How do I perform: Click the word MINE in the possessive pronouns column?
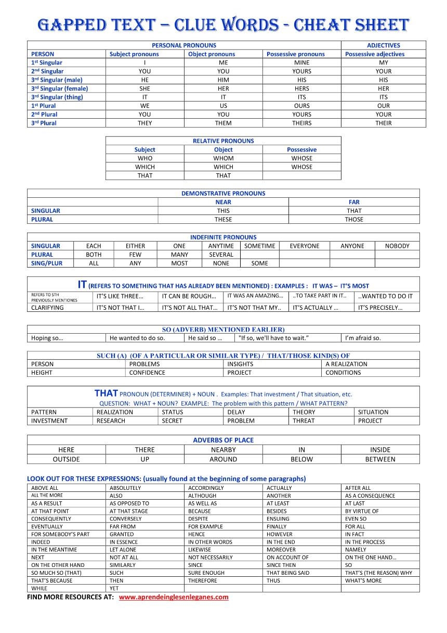pos(301,62)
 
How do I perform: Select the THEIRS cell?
pos(301,123)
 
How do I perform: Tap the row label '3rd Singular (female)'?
pos(60,88)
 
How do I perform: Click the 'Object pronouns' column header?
pos(212,54)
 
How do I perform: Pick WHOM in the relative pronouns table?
pos(223,158)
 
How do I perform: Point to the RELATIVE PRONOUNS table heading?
pos(223,141)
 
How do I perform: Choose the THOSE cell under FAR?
pos(354,220)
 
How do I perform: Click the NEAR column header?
pos(223,202)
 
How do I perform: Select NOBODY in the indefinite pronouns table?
pos(397,246)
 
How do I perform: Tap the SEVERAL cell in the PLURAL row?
pos(221,255)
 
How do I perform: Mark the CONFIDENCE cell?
pos(147,373)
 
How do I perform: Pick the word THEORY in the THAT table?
pos(304,412)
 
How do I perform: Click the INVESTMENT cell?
pos(49,421)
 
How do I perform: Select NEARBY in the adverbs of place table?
pos(223,450)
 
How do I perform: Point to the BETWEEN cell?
pos(380,459)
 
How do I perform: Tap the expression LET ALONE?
pos(123,550)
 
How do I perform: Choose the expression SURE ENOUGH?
pos(206,573)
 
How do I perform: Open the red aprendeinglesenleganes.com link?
pos(174,597)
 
